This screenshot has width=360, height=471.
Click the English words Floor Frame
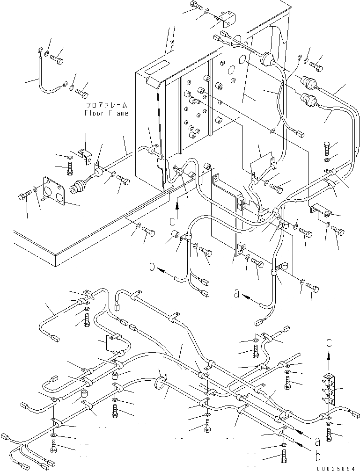pyautogui.click(x=106, y=113)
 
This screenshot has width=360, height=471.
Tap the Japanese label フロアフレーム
pyautogui.click(x=106, y=105)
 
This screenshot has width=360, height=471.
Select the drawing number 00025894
pyautogui.click(x=338, y=468)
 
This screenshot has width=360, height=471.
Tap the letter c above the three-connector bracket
pyautogui.click(x=329, y=343)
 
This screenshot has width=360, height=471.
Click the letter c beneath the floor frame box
pyautogui.click(x=172, y=221)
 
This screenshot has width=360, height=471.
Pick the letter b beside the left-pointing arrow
pyautogui.click(x=153, y=266)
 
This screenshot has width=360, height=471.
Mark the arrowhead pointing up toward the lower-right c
pyautogui.click(x=329, y=356)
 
